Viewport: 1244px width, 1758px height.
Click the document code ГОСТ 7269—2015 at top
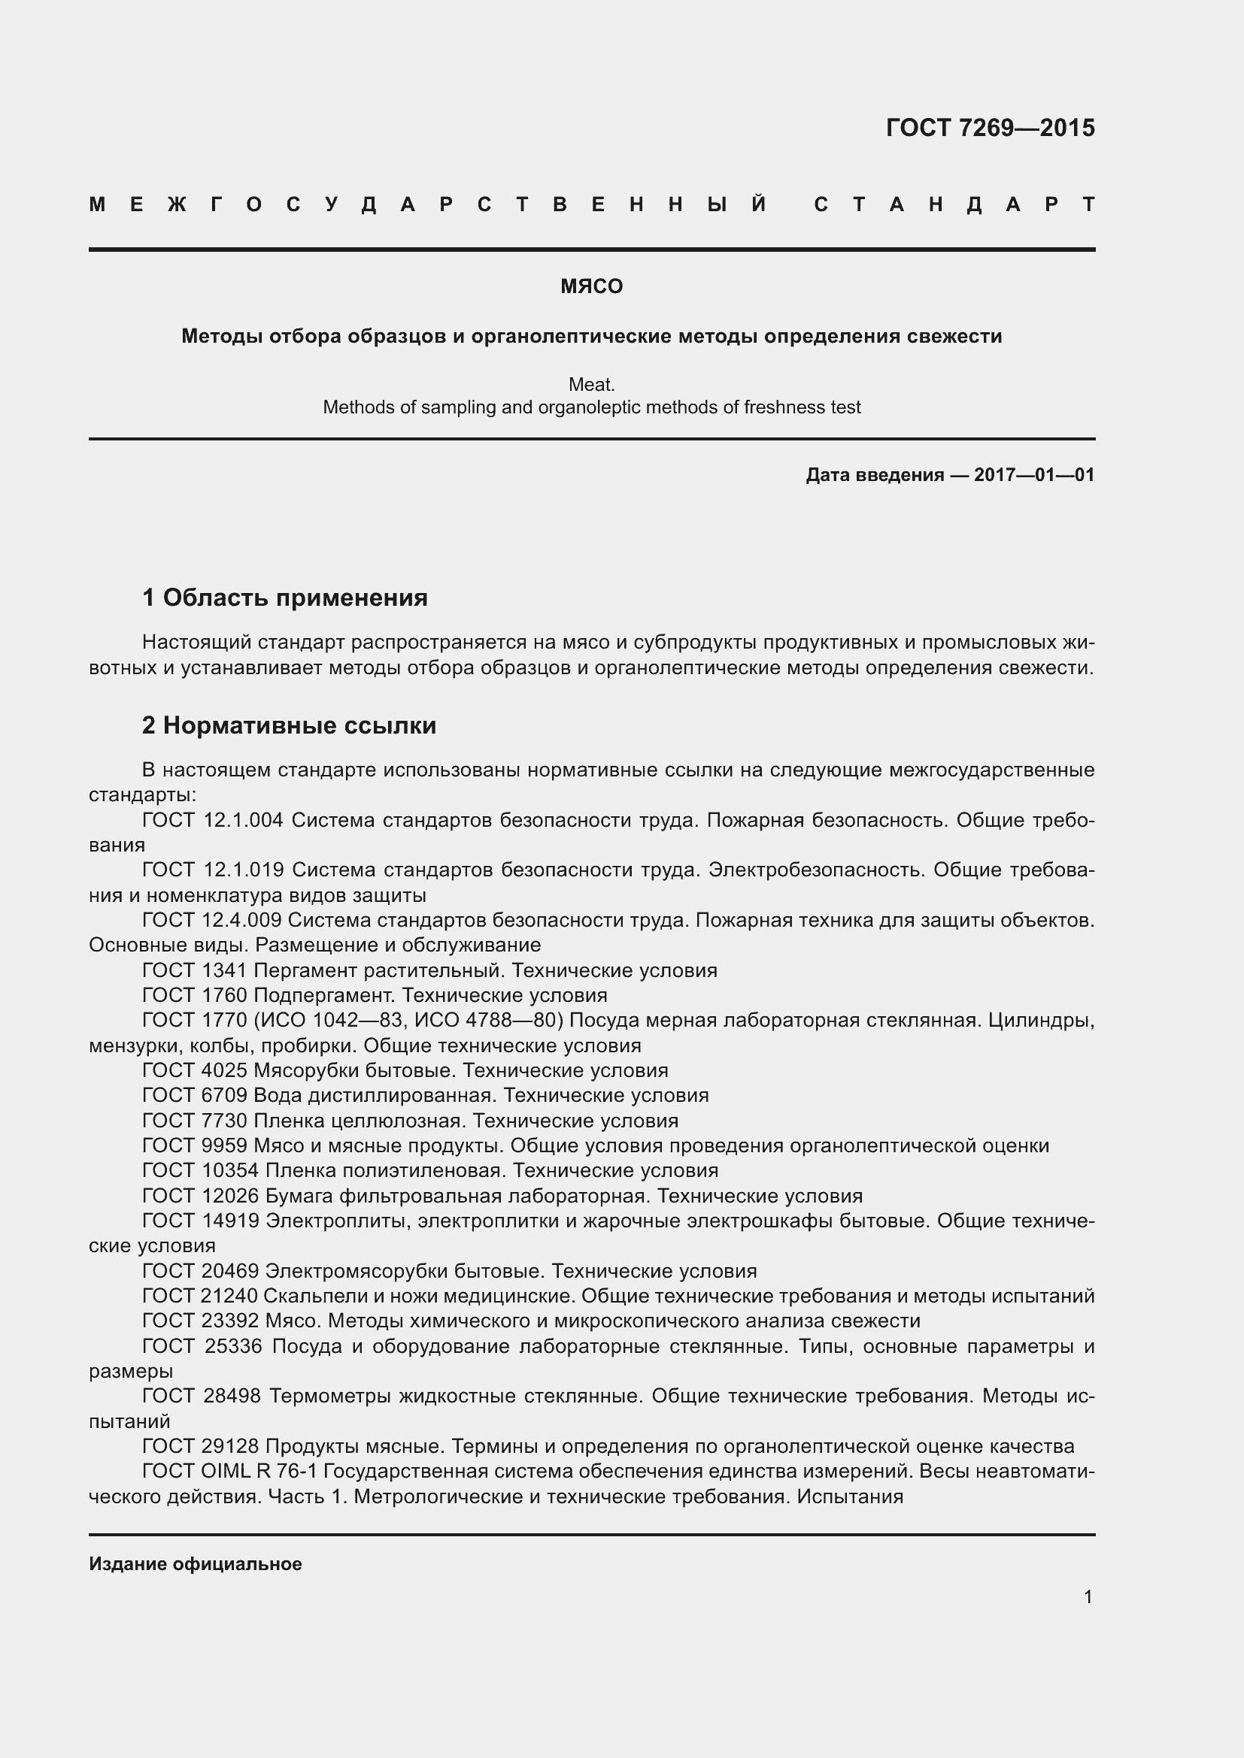(990, 127)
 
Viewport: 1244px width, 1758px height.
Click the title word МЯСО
(591, 286)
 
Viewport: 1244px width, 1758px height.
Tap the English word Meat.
(591, 383)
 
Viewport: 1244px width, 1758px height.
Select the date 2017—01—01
(1034, 475)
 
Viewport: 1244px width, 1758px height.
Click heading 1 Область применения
(285, 598)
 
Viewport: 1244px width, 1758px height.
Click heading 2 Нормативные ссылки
(289, 725)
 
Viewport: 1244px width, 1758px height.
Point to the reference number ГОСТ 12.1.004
(213, 820)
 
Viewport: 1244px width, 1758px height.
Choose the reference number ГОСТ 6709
(195, 1095)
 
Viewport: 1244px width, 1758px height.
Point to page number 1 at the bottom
(1088, 1596)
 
